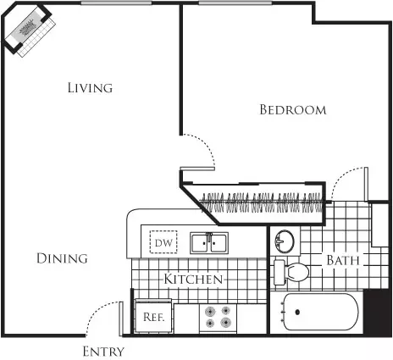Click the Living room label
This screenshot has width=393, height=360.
(x=90, y=87)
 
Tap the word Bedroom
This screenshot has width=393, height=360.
(x=293, y=109)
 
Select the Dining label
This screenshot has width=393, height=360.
(x=62, y=258)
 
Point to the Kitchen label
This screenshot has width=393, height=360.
(x=193, y=279)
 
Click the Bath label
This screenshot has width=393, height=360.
(x=343, y=260)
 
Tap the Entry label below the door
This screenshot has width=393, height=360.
(x=103, y=352)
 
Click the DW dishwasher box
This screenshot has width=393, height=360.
(x=163, y=242)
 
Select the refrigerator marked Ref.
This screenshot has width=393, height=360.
(x=153, y=317)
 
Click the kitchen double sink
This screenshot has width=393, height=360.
(x=209, y=243)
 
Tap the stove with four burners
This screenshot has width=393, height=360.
(x=218, y=318)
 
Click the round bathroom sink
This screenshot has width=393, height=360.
(x=285, y=241)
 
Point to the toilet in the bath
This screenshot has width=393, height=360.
(x=291, y=273)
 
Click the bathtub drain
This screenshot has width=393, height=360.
(x=297, y=312)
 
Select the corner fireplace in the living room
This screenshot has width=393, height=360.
(x=28, y=30)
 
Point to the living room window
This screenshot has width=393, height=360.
(x=116, y=3)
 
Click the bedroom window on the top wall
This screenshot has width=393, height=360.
(x=235, y=3)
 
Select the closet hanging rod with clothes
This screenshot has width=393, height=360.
(x=261, y=202)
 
